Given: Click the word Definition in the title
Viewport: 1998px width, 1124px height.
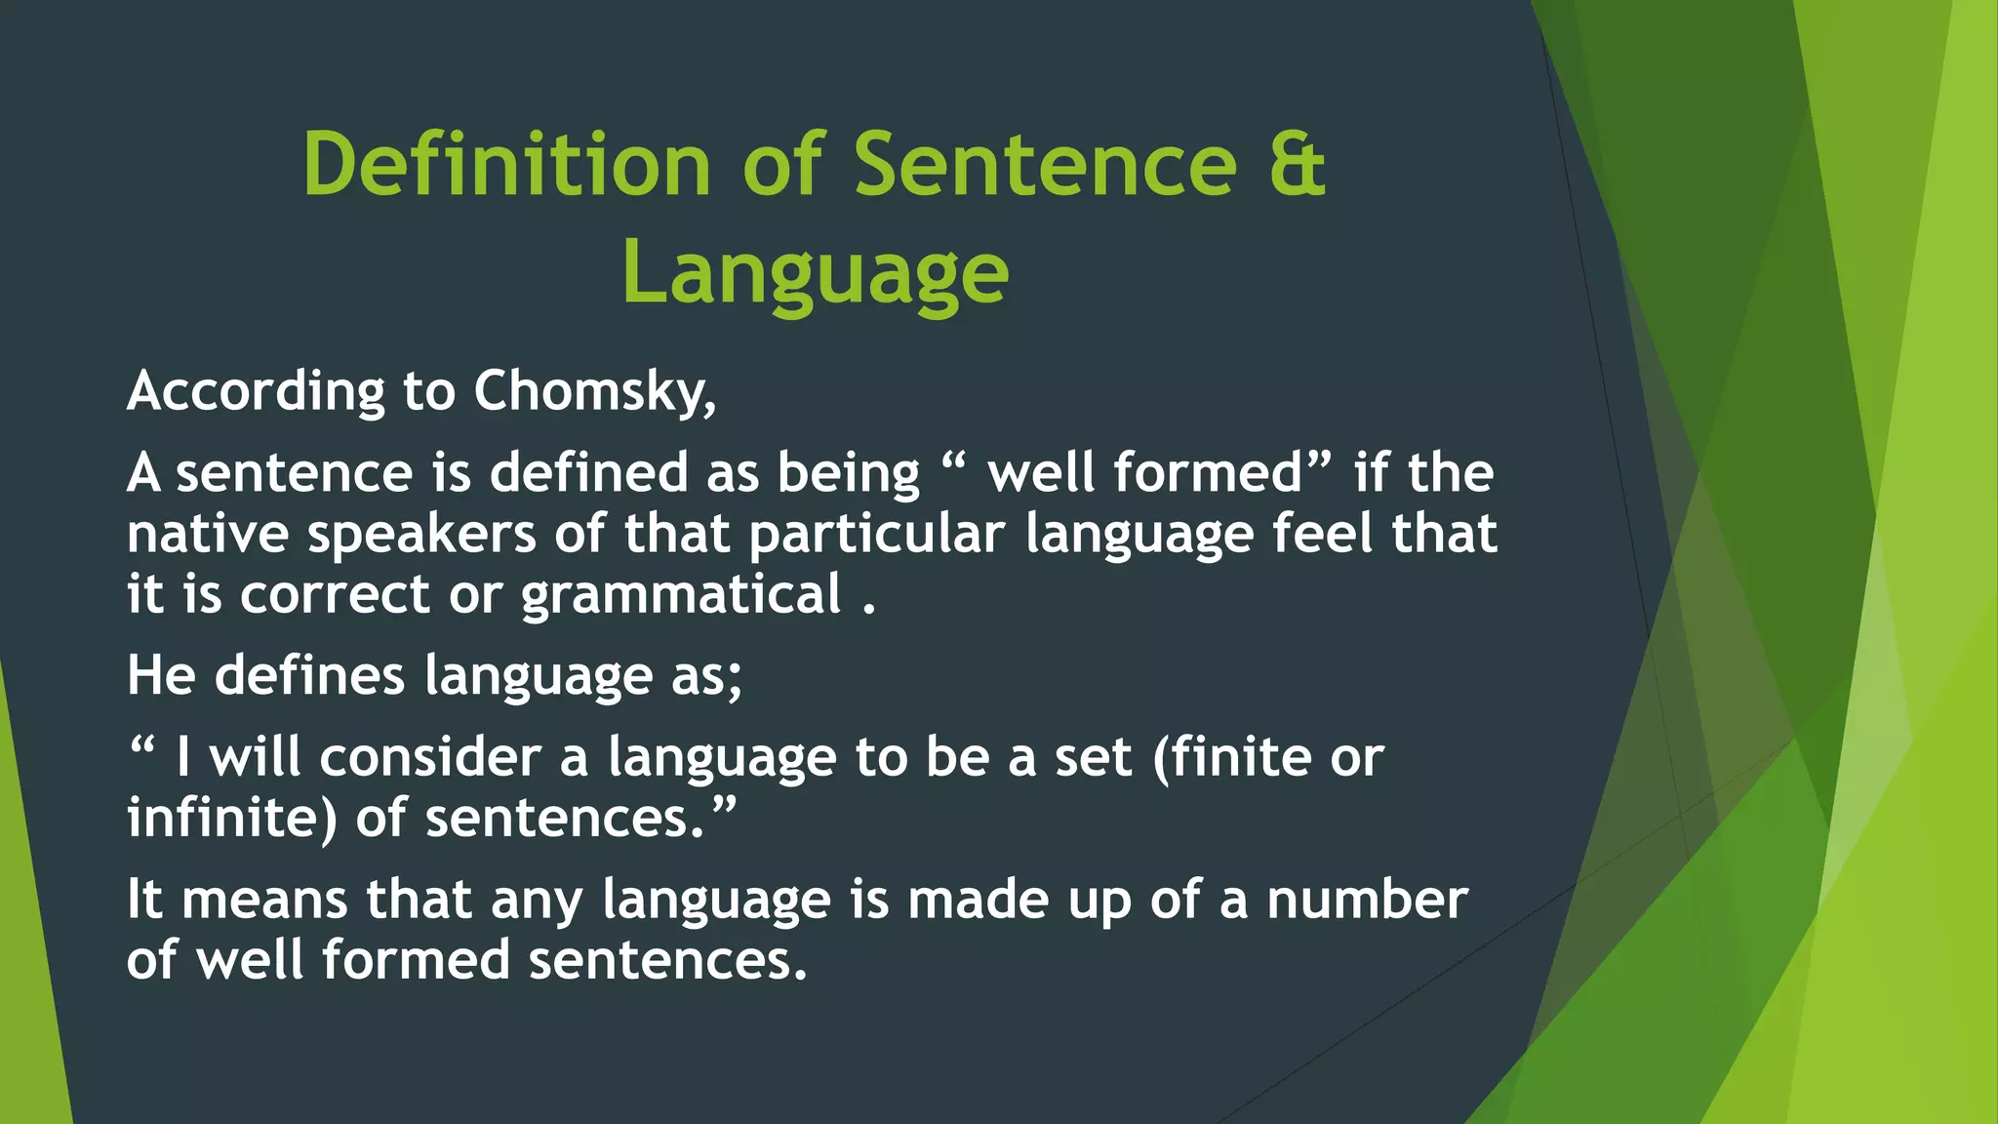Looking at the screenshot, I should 506,164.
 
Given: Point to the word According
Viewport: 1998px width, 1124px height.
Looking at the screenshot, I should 256,392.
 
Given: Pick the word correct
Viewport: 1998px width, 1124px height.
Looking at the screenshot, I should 335,595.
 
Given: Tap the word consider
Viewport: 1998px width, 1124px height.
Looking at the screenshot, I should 430,757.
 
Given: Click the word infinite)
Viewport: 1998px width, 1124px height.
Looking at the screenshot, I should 232,818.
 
